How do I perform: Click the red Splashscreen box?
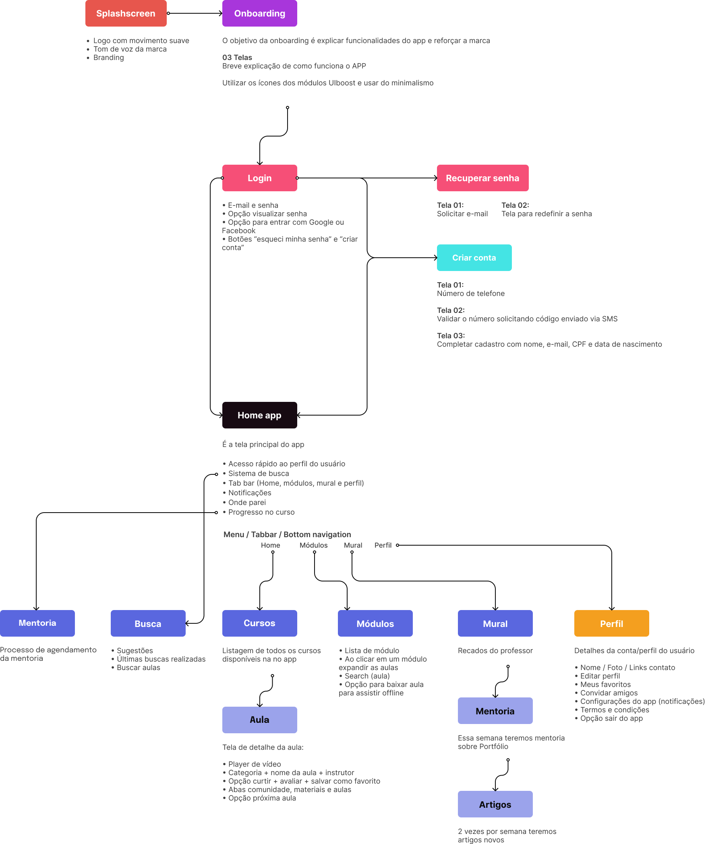(126, 13)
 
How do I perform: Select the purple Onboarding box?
(259, 13)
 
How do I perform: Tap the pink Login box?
(259, 178)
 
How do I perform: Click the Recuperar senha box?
(482, 178)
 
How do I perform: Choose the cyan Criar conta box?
(474, 258)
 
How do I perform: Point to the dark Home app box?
(259, 415)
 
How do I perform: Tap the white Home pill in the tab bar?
(270, 545)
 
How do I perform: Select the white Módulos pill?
(313, 545)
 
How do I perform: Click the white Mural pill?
(353, 545)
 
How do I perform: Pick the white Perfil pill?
(383, 545)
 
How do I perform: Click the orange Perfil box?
(611, 623)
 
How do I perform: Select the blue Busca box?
(148, 623)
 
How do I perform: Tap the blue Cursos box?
(259, 623)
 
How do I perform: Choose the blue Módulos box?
(375, 623)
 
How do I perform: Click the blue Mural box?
(495, 623)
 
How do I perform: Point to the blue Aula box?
(259, 720)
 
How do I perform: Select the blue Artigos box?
(495, 804)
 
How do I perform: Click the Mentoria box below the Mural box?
(495, 711)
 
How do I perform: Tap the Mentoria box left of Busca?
(37, 623)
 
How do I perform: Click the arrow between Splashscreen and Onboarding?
(195, 13)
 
